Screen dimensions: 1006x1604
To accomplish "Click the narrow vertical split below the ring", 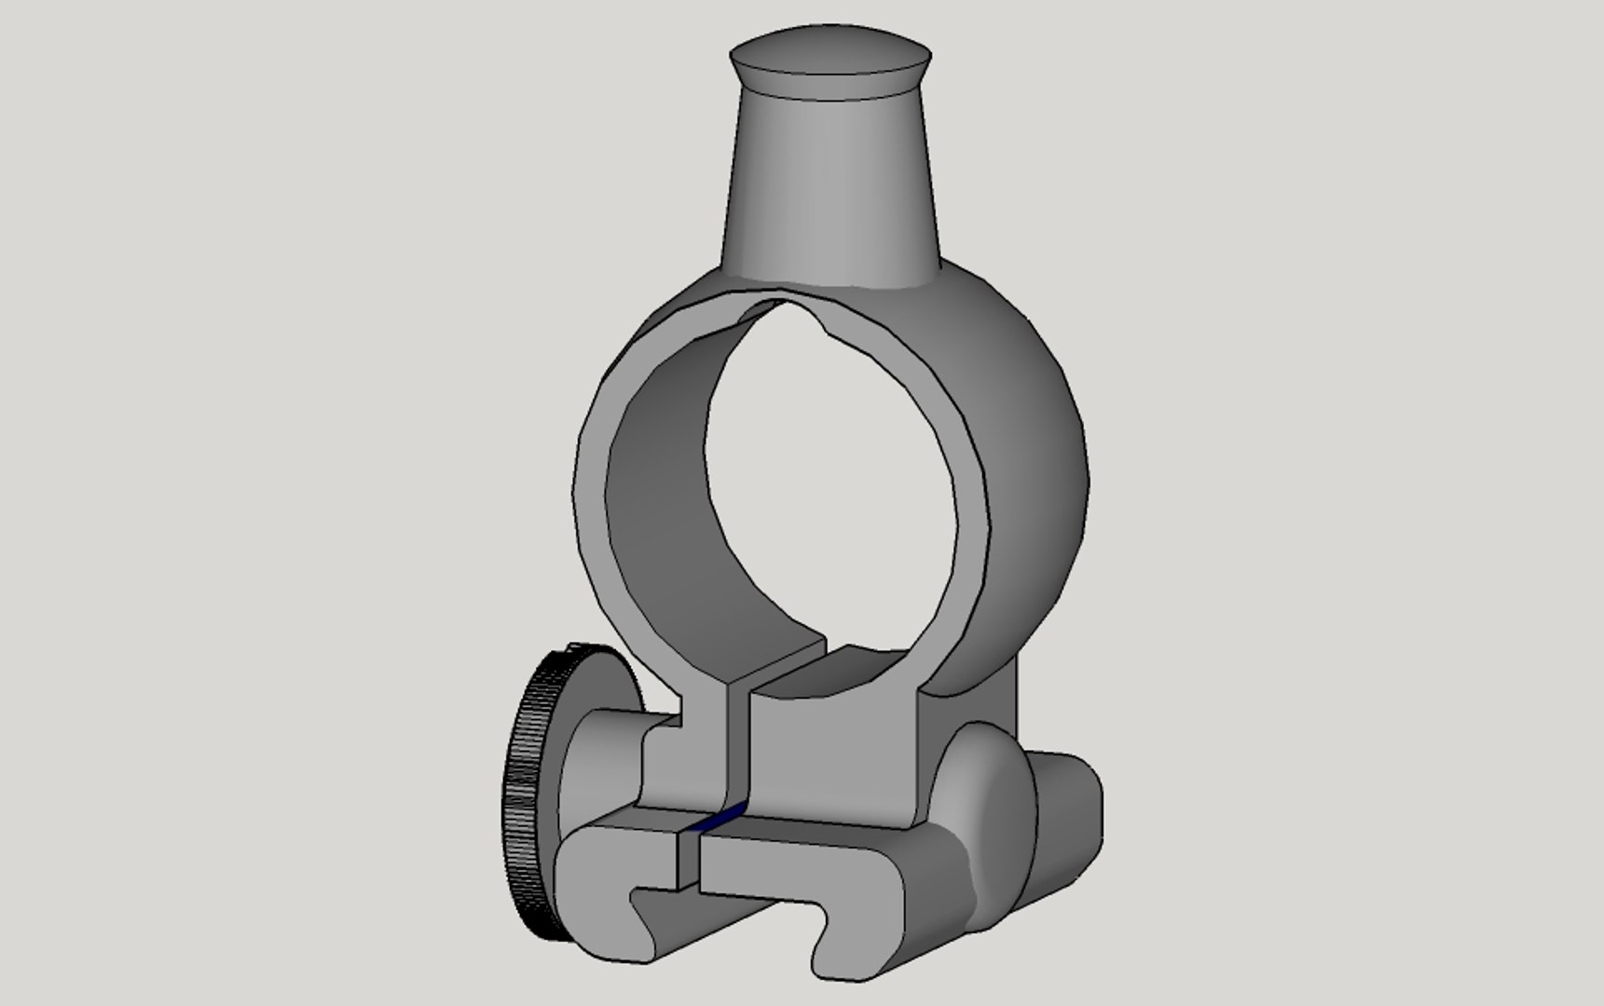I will point(737,745).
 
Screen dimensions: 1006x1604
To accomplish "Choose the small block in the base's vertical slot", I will point(688,857).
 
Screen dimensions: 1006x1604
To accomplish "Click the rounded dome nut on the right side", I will point(988,820).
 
